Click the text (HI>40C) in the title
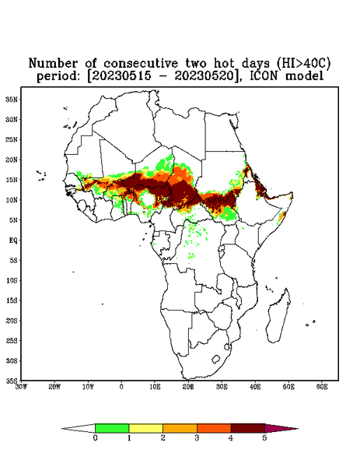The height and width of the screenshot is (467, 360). [303, 63]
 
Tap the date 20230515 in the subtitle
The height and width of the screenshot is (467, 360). [121, 76]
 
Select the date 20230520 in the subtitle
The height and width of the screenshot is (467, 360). [204, 76]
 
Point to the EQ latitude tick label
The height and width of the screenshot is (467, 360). [13, 240]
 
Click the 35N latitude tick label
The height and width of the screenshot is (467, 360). [12, 99]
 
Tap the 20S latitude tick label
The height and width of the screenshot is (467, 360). [12, 321]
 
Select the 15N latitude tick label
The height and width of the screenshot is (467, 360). [12, 180]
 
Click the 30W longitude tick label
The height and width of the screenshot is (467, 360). [21, 387]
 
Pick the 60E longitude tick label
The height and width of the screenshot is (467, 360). [322, 387]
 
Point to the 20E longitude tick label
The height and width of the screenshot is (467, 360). [188, 387]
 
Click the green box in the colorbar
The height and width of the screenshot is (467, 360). [112, 428]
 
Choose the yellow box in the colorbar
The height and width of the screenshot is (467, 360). [145, 428]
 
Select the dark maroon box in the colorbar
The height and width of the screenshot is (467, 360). [248, 428]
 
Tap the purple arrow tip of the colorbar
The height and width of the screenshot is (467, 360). [298, 429]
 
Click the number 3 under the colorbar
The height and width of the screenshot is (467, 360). [197, 438]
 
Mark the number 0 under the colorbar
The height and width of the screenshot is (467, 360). [95, 438]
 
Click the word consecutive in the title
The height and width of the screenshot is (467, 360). [141, 63]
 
